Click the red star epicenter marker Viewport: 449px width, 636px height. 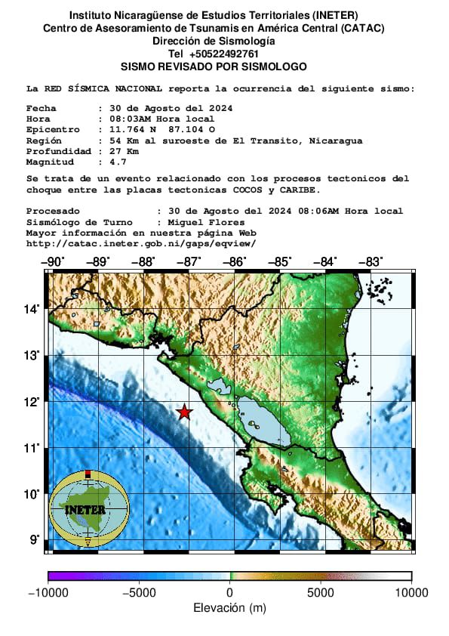pyautogui.click(x=184, y=412)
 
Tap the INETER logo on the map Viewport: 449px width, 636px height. pyautogui.click(x=89, y=508)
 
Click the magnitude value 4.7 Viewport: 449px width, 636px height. pyautogui.click(x=117, y=162)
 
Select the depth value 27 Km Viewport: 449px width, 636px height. pyautogui.click(x=123, y=151)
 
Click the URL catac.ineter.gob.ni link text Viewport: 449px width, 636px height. pyautogui.click(x=141, y=243)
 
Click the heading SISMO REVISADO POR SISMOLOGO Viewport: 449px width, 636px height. pyautogui.click(x=214, y=66)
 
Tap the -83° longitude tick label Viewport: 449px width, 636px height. pyautogui.click(x=370, y=262)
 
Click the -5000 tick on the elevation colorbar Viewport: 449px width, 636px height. pyautogui.click(x=138, y=593)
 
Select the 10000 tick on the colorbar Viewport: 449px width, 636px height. pyautogui.click(x=411, y=593)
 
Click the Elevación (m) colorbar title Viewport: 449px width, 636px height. pyautogui.click(x=229, y=608)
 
